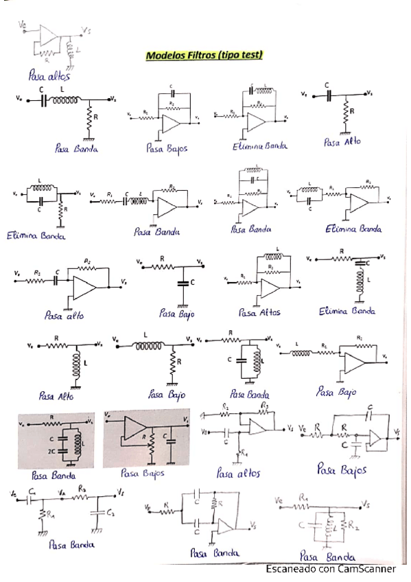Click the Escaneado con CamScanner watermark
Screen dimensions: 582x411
click(x=331, y=569)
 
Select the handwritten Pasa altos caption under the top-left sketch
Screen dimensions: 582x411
click(x=49, y=75)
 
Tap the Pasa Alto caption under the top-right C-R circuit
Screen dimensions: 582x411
click(x=342, y=142)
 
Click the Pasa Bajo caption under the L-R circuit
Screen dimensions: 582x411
click(x=167, y=395)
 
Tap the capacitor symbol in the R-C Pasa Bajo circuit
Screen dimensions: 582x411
click(x=182, y=282)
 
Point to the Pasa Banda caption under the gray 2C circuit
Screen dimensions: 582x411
click(x=53, y=474)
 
